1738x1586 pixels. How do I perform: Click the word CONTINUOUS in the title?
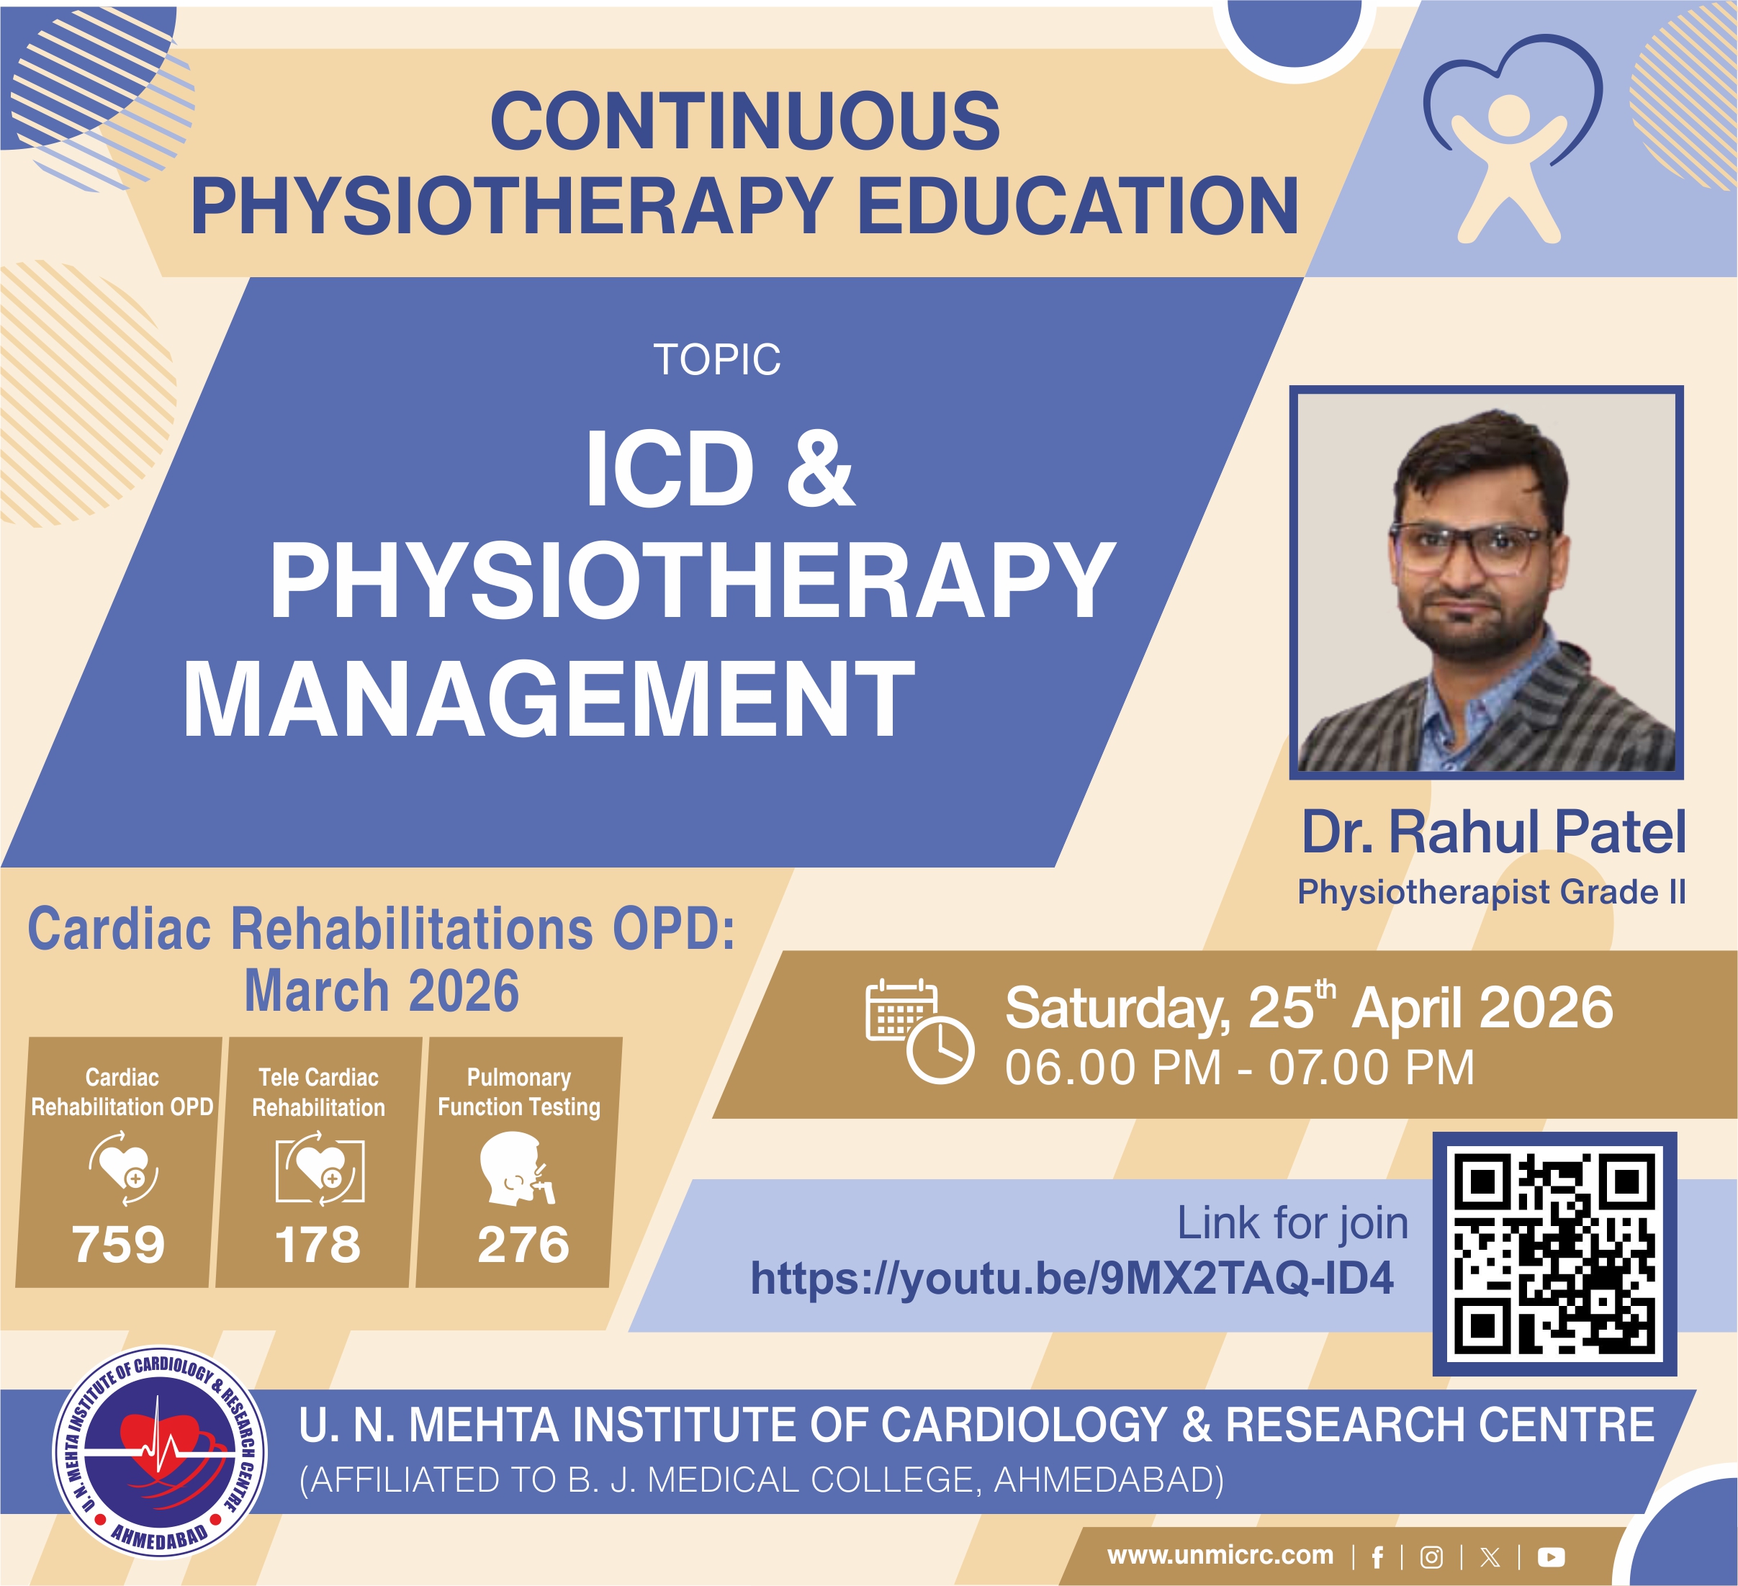click(x=745, y=122)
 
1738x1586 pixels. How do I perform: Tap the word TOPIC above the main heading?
click(x=716, y=359)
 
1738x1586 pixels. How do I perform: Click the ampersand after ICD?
click(x=820, y=470)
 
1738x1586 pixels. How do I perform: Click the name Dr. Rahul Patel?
click(x=1493, y=833)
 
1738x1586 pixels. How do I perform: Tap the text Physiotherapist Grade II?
click(x=1492, y=892)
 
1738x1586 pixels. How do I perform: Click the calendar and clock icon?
click(x=919, y=1031)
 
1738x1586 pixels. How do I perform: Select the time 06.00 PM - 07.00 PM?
click(x=1240, y=1068)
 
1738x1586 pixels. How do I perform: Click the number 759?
click(x=118, y=1245)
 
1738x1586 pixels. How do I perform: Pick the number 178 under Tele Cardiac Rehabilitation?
click(x=318, y=1245)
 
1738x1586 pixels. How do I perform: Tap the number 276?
click(x=523, y=1245)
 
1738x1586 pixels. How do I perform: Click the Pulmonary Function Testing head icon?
click(x=515, y=1170)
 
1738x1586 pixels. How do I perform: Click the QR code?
click(x=1554, y=1253)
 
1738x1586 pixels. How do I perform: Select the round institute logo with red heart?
click(x=161, y=1452)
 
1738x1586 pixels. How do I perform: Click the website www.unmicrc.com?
click(x=1220, y=1555)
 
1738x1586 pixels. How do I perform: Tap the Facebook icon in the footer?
click(x=1377, y=1556)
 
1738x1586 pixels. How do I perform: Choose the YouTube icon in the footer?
click(x=1551, y=1556)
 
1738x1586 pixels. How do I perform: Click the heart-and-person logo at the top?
click(x=1511, y=143)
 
